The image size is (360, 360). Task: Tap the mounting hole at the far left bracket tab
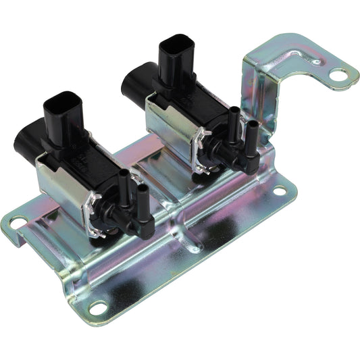click(17, 222)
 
